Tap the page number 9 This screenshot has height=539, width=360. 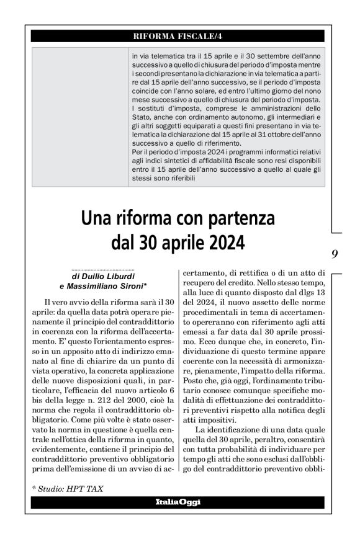(335, 253)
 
